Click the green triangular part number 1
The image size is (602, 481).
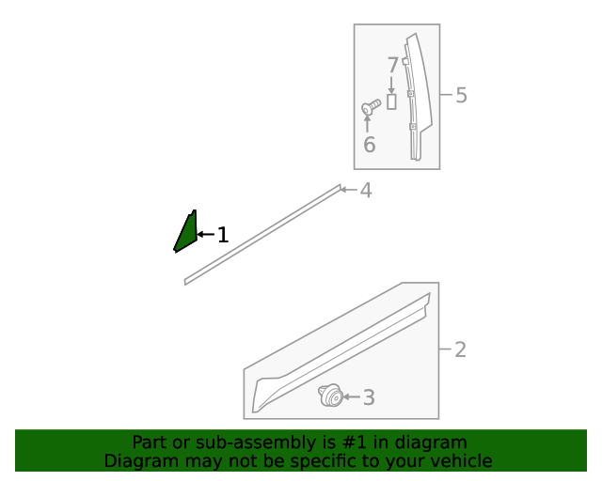tap(185, 233)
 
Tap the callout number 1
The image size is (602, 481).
tap(223, 235)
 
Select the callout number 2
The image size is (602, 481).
tap(460, 350)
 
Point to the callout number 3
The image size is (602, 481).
tap(369, 398)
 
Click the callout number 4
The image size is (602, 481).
tap(366, 191)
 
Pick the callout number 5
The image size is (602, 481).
tap(461, 95)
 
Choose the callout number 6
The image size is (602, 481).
tap(369, 145)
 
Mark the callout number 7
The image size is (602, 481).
tap(392, 66)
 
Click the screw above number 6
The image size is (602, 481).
tap(370, 108)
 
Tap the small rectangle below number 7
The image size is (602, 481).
tap(392, 101)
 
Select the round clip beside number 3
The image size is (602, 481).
tap(329, 396)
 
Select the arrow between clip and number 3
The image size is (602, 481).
tap(350, 397)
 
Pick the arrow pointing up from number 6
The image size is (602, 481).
tap(368, 123)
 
